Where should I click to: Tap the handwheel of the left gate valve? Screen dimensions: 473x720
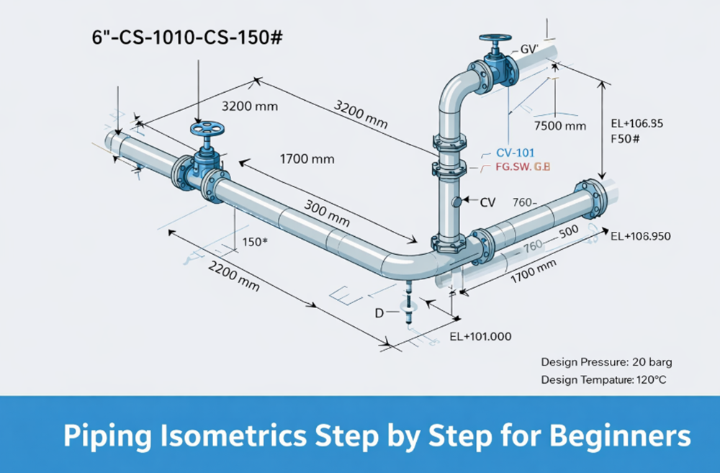coord(206,130)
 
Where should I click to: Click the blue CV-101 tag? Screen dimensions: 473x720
coord(516,153)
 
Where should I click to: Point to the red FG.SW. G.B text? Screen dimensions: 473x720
coord(518,167)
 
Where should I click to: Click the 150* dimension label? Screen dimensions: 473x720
coord(254,241)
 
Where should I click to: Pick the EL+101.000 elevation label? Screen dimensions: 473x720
coord(480,335)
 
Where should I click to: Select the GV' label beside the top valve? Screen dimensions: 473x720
coord(529,50)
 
